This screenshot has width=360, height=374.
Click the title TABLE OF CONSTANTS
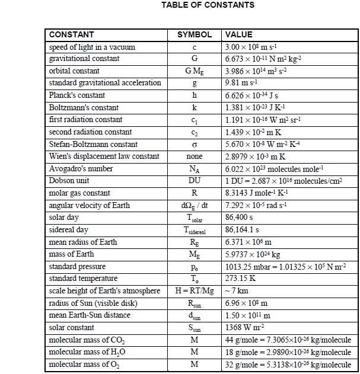click(208, 5)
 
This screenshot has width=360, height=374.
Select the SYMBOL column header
click(195, 35)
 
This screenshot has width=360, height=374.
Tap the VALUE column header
click(238, 35)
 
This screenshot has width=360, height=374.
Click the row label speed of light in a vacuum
click(92, 47)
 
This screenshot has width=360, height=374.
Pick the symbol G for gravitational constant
click(194, 59)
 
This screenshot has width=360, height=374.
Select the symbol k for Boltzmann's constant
click(194, 108)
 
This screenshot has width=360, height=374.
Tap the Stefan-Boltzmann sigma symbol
click(194, 145)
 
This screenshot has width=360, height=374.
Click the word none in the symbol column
click(194, 156)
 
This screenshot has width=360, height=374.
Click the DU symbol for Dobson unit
click(194, 181)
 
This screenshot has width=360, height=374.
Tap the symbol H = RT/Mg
click(194, 291)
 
